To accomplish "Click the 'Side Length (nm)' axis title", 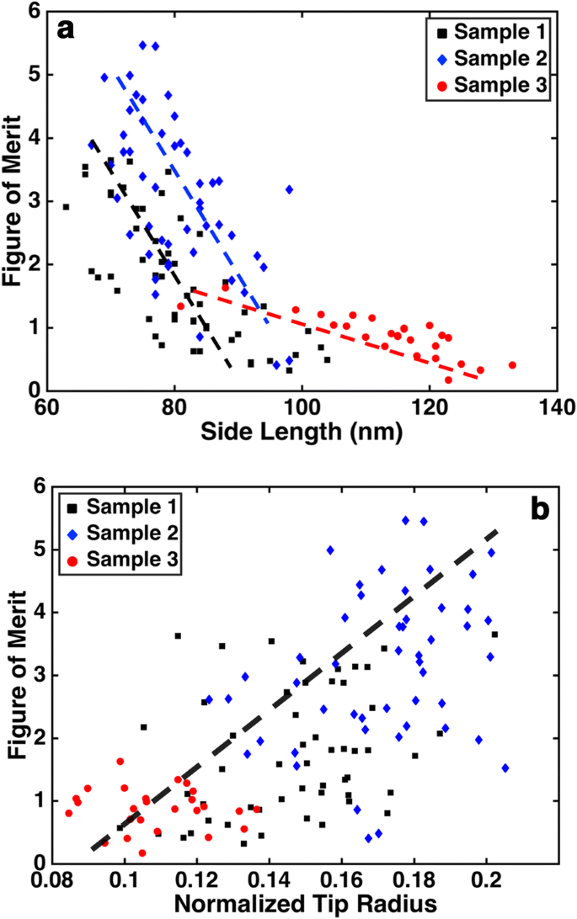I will point(301,433).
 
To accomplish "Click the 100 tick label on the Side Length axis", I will point(302,406).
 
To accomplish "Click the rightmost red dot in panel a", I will point(512,365).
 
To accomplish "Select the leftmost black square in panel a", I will point(66,206).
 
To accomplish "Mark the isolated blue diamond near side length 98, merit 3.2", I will point(289,189).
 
